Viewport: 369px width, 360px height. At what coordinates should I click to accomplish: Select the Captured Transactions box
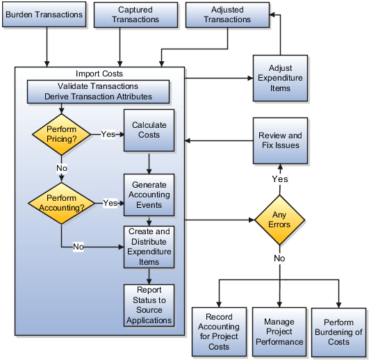(135, 15)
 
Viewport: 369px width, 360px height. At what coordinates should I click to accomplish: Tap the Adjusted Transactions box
(227, 15)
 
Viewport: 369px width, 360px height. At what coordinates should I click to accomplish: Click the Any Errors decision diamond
(279, 219)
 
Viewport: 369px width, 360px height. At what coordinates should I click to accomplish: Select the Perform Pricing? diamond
(62, 134)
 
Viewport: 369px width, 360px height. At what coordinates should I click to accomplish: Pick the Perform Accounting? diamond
(61, 203)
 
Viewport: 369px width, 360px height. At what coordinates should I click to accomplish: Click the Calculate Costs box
(149, 130)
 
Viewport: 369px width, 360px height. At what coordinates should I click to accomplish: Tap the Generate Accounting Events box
(149, 195)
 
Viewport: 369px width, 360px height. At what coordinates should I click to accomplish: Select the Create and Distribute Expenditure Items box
(149, 247)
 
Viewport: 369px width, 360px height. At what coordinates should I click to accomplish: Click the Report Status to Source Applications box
(149, 305)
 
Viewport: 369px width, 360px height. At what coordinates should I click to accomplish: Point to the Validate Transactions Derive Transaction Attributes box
(98, 91)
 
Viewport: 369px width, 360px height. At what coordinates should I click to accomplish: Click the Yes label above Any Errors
(279, 179)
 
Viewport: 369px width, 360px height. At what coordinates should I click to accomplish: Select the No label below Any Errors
(279, 258)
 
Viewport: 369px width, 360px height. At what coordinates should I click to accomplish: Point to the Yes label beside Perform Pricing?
(108, 134)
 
